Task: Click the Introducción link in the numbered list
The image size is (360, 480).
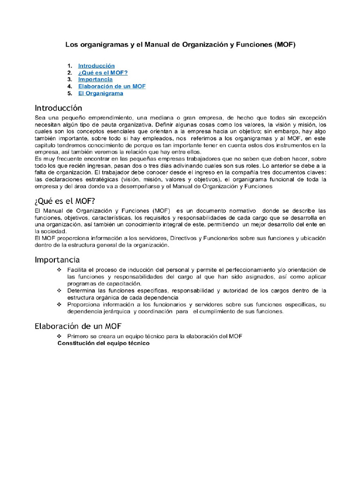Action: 96,66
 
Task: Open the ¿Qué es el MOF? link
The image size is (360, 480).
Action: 103,73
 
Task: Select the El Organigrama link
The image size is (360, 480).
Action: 100,93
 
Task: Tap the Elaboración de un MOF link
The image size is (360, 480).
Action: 112,86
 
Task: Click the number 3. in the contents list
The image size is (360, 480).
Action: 69,80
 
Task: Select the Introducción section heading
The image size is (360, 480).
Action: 59,108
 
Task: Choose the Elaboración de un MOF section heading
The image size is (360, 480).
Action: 78,326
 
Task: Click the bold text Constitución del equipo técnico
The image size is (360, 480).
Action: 103,343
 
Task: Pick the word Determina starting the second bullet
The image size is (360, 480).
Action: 83,291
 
